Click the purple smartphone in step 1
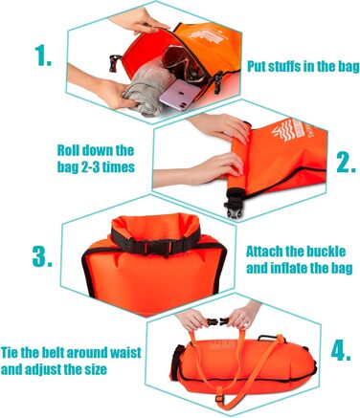(179, 96)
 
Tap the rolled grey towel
(147, 90)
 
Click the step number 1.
(43, 55)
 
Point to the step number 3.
(42, 256)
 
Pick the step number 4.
(341, 351)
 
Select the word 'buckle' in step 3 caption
(326, 252)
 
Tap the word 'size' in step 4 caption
(95, 369)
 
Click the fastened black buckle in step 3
(156, 245)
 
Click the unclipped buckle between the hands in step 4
(218, 321)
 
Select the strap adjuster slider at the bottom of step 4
(219, 398)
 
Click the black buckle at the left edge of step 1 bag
(114, 62)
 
